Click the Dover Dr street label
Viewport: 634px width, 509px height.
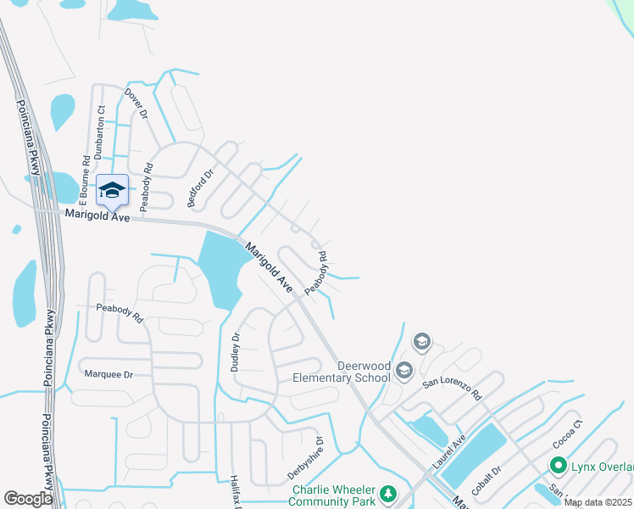click(x=136, y=103)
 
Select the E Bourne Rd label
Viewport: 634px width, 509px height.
click(x=85, y=181)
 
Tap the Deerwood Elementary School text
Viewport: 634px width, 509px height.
click(x=364, y=372)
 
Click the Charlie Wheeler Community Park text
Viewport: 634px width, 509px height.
click(x=333, y=495)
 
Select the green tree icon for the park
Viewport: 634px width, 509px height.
click(x=387, y=493)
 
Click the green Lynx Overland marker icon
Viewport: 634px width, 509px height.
click(x=558, y=466)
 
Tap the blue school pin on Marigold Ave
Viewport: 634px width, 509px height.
click(x=112, y=191)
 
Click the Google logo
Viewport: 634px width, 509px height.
click(x=28, y=499)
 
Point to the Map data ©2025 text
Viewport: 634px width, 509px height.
click(x=598, y=502)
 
